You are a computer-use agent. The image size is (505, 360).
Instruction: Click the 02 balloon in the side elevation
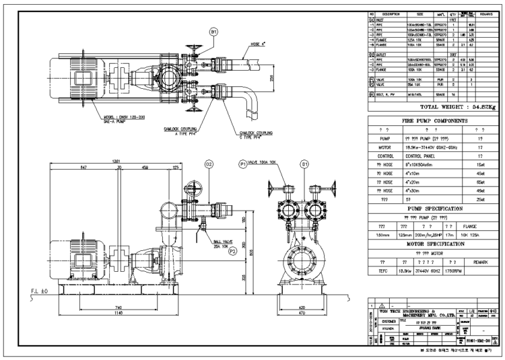(x=209, y=163)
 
